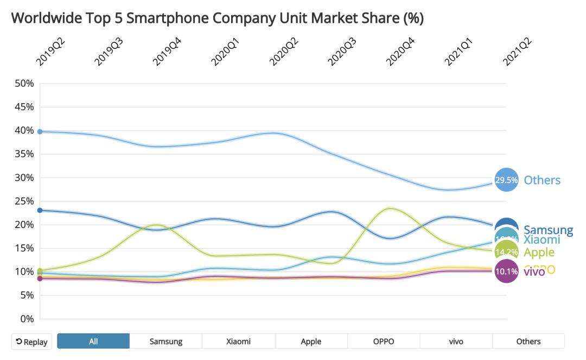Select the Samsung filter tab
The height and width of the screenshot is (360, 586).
point(166,341)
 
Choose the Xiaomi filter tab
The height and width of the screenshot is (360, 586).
point(238,341)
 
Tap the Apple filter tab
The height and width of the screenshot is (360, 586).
point(311,341)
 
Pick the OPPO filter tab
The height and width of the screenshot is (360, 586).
point(384,341)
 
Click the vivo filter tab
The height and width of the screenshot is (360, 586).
point(456,341)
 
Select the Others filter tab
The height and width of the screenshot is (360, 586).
point(528,341)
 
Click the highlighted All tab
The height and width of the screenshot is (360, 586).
point(93,341)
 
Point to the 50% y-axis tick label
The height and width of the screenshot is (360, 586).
point(24,84)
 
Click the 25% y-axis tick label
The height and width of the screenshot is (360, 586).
point(24,201)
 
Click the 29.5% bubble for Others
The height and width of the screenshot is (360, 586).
point(506,180)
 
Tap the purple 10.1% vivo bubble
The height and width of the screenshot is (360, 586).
point(506,271)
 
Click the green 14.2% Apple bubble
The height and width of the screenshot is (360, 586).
point(506,252)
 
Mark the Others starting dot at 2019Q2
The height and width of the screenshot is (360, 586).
point(40,131)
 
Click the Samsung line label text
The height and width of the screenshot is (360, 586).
point(548,230)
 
